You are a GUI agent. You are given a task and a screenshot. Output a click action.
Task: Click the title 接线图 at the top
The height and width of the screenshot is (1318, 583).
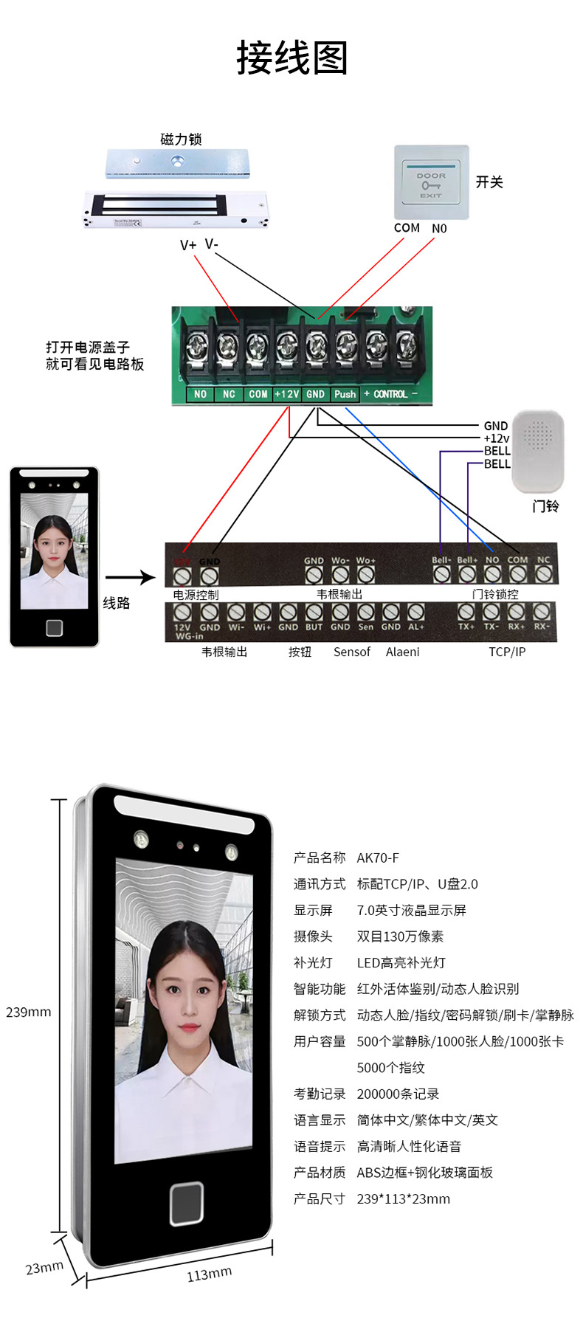point(291,58)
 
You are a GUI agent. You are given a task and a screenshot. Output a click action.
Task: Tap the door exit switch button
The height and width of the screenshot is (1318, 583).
point(431,182)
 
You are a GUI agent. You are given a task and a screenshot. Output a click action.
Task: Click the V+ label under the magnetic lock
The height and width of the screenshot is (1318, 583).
point(188,245)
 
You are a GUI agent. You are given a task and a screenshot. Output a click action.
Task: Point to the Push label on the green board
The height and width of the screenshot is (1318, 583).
point(345,394)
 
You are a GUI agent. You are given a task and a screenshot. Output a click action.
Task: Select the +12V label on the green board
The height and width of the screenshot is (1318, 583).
point(286,394)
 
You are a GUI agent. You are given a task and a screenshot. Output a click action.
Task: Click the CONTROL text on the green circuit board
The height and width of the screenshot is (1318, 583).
point(390,394)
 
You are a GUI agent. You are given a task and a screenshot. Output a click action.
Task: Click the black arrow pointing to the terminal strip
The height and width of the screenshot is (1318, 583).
point(130,578)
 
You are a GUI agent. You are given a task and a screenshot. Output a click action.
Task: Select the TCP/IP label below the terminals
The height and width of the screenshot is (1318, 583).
point(507,652)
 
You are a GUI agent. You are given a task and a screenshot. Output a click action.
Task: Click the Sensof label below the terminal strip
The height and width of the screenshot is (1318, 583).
point(352,652)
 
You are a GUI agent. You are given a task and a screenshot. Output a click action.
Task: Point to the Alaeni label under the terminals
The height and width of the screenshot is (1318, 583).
point(402,652)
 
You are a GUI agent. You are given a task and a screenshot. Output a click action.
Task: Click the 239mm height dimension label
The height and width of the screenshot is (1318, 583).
point(29,1012)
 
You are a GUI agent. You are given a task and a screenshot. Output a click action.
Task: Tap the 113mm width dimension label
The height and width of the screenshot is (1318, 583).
point(209,1274)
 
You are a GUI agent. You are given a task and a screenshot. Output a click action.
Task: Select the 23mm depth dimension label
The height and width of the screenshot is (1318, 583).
point(44,1267)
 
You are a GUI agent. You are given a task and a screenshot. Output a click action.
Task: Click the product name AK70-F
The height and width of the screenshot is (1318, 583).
point(378,858)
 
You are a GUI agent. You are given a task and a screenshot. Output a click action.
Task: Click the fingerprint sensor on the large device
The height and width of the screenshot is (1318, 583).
point(187,1204)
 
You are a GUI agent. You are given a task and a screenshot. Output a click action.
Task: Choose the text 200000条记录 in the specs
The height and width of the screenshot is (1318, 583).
point(398,1094)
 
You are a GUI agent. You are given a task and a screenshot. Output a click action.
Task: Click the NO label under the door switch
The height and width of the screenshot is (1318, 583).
point(439,229)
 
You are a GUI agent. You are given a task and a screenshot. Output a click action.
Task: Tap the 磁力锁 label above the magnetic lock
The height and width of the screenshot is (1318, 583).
point(181,139)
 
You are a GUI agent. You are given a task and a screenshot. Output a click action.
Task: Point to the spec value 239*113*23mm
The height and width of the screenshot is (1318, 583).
point(403,1198)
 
